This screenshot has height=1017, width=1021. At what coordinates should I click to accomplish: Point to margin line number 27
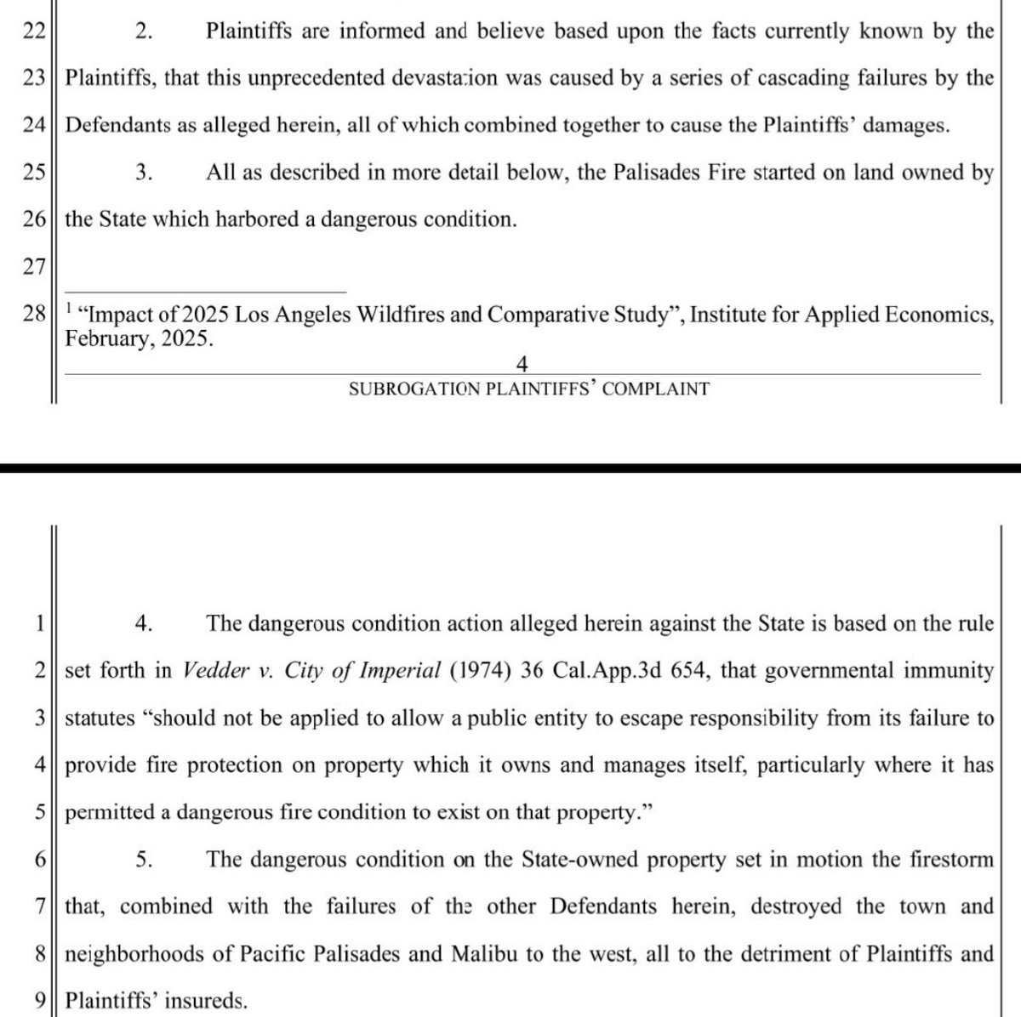(33, 266)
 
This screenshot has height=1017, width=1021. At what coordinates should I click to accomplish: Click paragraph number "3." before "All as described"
(144, 173)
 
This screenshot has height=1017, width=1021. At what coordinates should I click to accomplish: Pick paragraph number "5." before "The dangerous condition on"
(144, 859)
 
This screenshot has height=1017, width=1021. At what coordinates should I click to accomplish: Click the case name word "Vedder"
(214, 671)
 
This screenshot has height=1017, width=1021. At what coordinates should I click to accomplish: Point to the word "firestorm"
(946, 859)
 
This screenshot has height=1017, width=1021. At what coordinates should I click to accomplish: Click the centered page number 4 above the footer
(522, 365)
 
